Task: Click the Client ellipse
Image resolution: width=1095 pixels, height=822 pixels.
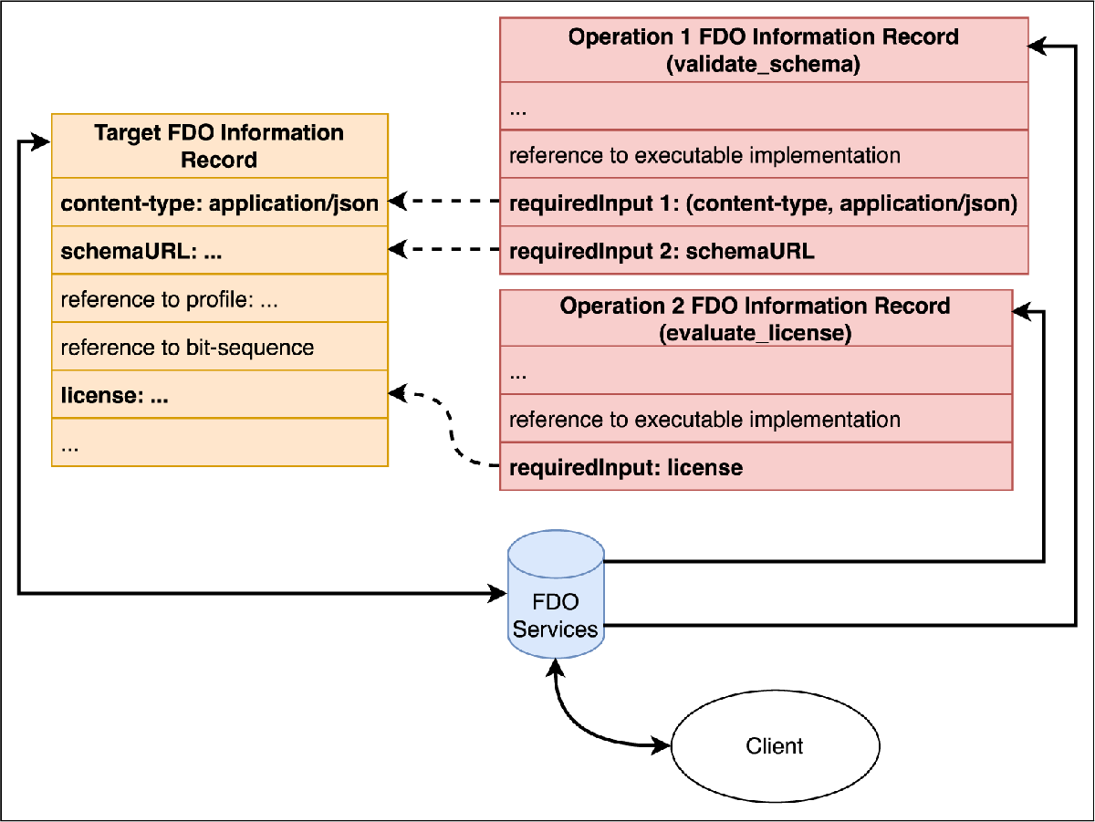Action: point(776,746)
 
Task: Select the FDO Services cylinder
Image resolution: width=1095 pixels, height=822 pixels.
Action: point(556,594)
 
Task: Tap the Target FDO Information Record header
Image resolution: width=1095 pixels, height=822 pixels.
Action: point(220,146)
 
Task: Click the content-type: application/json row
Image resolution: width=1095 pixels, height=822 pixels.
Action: point(220,202)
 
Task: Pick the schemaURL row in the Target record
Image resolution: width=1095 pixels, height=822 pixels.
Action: point(220,250)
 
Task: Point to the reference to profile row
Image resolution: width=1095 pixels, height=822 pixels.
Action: point(220,297)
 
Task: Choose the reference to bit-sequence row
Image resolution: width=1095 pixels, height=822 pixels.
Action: point(220,346)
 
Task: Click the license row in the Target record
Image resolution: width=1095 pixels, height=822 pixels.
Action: point(220,394)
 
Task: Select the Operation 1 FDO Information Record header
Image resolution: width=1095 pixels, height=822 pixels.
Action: point(764,50)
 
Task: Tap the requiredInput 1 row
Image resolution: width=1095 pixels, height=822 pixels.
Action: point(764,202)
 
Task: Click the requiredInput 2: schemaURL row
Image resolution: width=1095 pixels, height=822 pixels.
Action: point(764,250)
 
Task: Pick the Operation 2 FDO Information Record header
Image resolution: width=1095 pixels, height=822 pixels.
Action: point(756,318)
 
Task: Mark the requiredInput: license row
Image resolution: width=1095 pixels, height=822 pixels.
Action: point(756,466)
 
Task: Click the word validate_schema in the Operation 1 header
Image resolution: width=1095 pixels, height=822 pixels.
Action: point(763,65)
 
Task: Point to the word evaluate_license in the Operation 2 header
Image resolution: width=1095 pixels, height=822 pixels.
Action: point(756,333)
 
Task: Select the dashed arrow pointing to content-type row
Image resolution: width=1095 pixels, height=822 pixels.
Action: point(444,201)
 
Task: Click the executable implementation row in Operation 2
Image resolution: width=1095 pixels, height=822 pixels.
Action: point(756,419)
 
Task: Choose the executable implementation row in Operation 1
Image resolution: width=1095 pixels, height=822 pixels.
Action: point(764,154)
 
